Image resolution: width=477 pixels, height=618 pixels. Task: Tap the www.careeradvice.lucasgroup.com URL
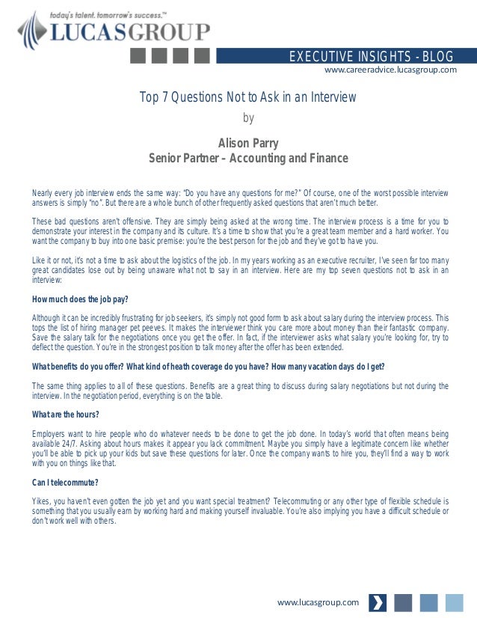pyautogui.click(x=390, y=70)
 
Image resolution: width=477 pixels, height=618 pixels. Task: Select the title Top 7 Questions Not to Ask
pyautogui.click(x=248, y=97)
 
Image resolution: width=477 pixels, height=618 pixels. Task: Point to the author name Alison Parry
pyautogui.click(x=248, y=143)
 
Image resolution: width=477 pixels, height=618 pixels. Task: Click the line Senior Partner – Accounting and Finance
pyautogui.click(x=248, y=159)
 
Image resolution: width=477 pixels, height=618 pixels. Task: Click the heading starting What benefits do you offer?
pyautogui.click(x=208, y=366)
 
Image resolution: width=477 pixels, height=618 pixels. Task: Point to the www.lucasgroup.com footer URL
pyautogui.click(x=318, y=602)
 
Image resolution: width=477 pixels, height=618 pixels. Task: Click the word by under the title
pyautogui.click(x=249, y=117)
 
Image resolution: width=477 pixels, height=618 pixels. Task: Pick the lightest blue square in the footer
pyautogui.click(x=454, y=602)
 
